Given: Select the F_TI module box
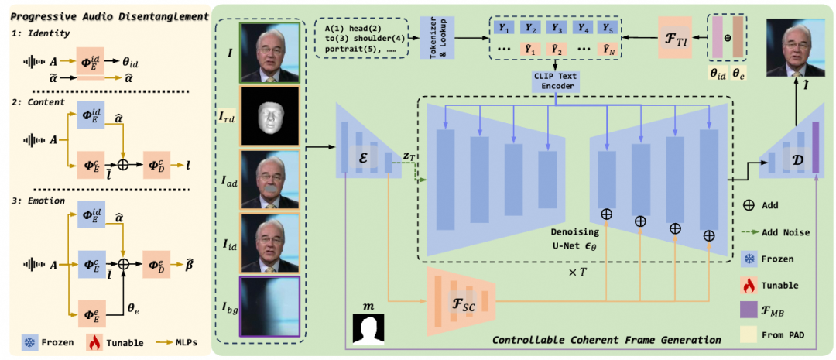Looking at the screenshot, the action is (x=674, y=37).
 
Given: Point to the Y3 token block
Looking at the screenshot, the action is (x=556, y=26).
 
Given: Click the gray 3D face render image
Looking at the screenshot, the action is (x=269, y=116).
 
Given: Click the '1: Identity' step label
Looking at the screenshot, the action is (x=40, y=33).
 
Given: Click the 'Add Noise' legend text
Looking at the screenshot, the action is (x=785, y=232).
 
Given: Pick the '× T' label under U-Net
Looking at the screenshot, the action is (x=574, y=274).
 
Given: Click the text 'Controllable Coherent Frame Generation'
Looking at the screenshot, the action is (x=606, y=339).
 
